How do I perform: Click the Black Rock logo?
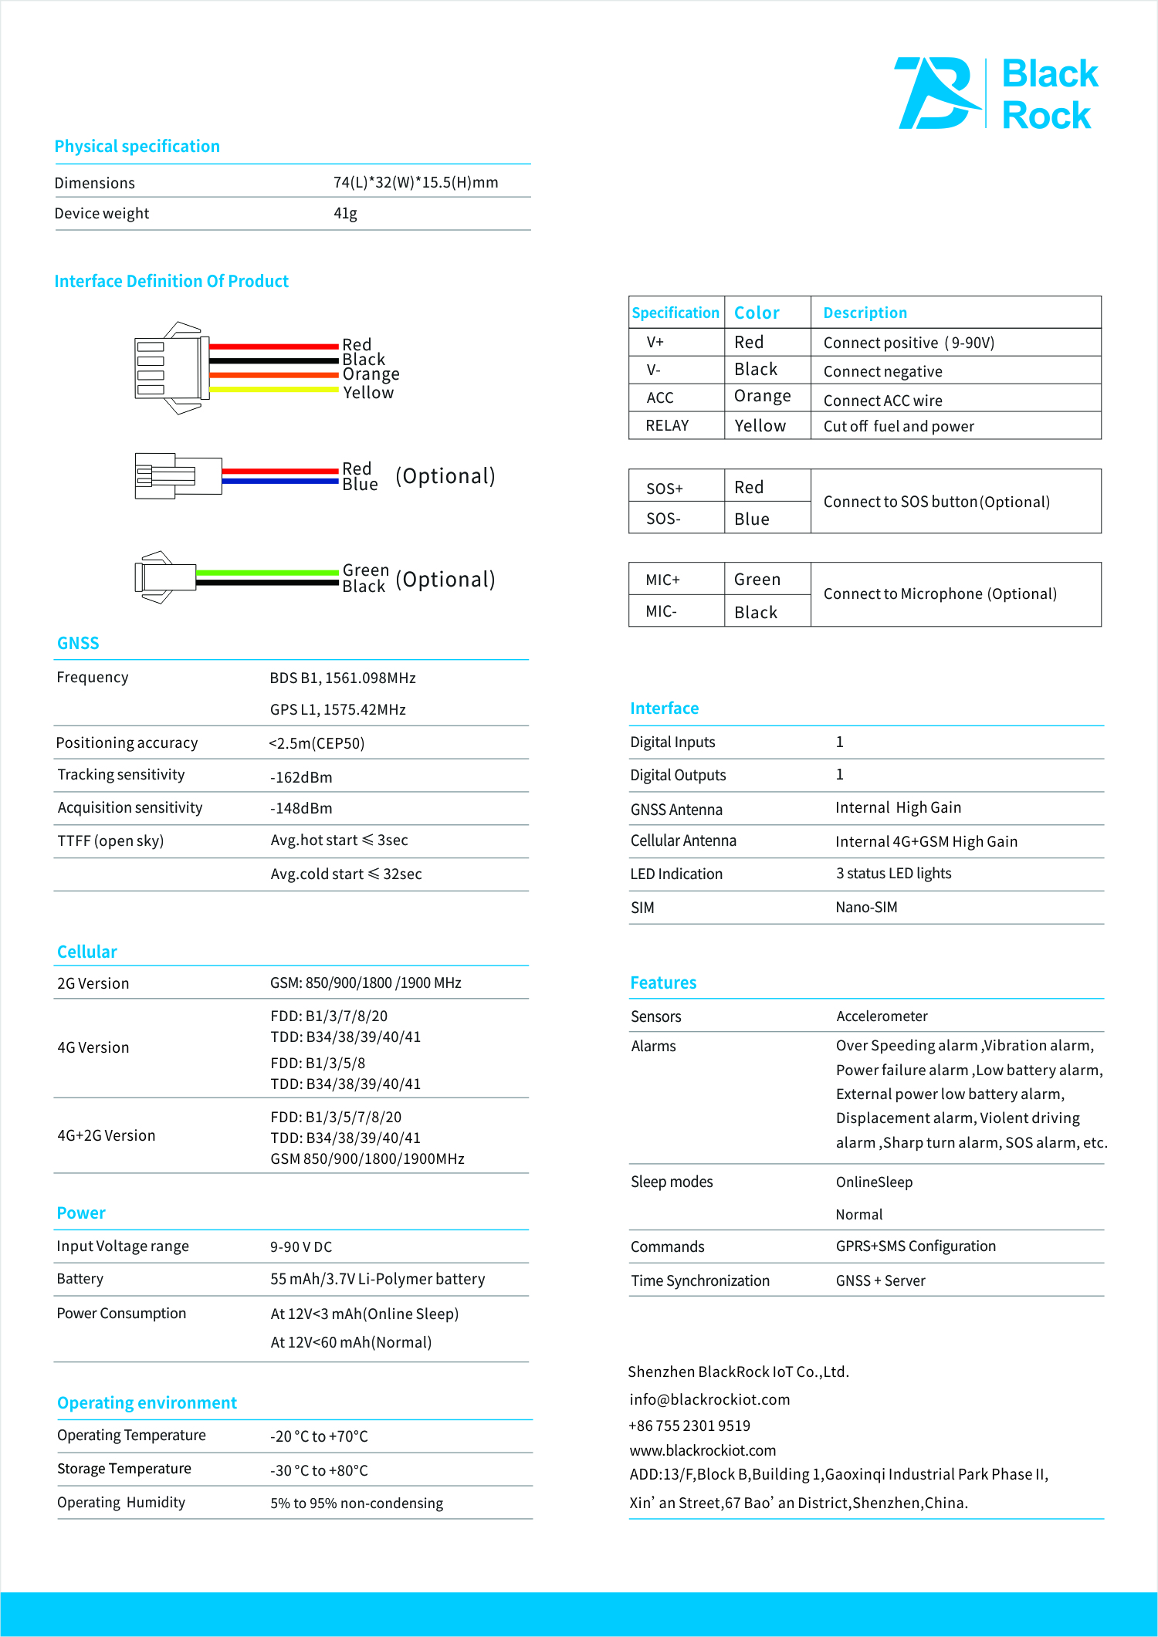(x=996, y=93)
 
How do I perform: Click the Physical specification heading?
(x=137, y=147)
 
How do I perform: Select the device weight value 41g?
(x=345, y=214)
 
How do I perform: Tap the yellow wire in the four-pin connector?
(x=274, y=390)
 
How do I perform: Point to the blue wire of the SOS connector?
(x=280, y=481)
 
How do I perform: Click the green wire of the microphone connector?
(x=267, y=573)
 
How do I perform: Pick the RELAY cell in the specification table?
(x=667, y=426)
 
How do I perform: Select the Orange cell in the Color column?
(x=762, y=397)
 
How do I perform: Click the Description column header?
(x=865, y=313)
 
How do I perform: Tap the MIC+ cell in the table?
(x=662, y=580)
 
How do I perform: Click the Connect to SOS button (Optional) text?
(x=936, y=502)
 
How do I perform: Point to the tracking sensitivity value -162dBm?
(x=301, y=777)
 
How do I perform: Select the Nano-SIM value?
(x=866, y=908)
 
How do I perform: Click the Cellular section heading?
(x=87, y=952)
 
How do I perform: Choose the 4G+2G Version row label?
(x=107, y=1135)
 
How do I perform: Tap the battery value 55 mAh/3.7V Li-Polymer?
(x=378, y=1280)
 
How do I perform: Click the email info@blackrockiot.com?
(x=709, y=1400)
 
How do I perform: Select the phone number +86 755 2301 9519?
(x=689, y=1426)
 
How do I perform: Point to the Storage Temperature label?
(x=124, y=1469)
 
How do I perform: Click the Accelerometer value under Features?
(x=882, y=1016)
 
